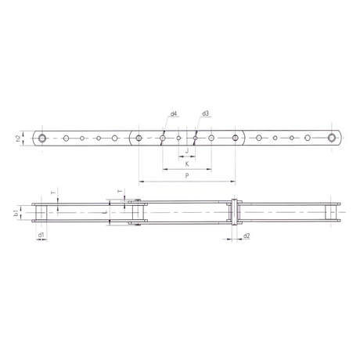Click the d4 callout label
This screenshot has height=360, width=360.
click(x=174, y=113)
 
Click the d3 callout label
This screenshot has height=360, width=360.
click(x=205, y=113)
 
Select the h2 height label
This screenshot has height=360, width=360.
click(x=18, y=139)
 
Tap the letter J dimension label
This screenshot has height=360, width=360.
click(x=187, y=151)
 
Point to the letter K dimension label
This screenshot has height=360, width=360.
click(x=187, y=164)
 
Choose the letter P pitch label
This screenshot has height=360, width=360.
click(x=187, y=176)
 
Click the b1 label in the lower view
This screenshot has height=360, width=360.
click(x=16, y=213)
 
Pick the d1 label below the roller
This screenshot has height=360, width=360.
click(x=41, y=235)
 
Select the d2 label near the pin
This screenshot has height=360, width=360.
click(x=247, y=236)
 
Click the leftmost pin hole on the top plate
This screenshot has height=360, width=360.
click(x=42, y=138)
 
